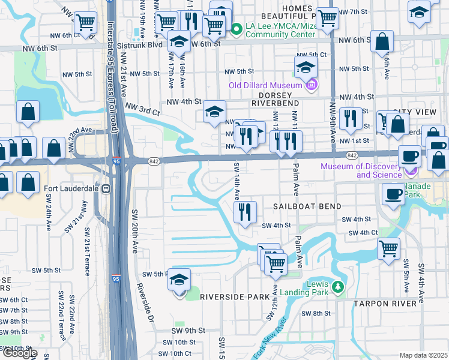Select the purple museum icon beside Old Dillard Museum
[310, 86]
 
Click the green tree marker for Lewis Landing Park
[338, 287]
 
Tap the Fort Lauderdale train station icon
[106, 188]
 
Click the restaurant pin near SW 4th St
[245, 211]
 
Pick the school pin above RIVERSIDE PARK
[178, 280]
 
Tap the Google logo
[19, 353]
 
